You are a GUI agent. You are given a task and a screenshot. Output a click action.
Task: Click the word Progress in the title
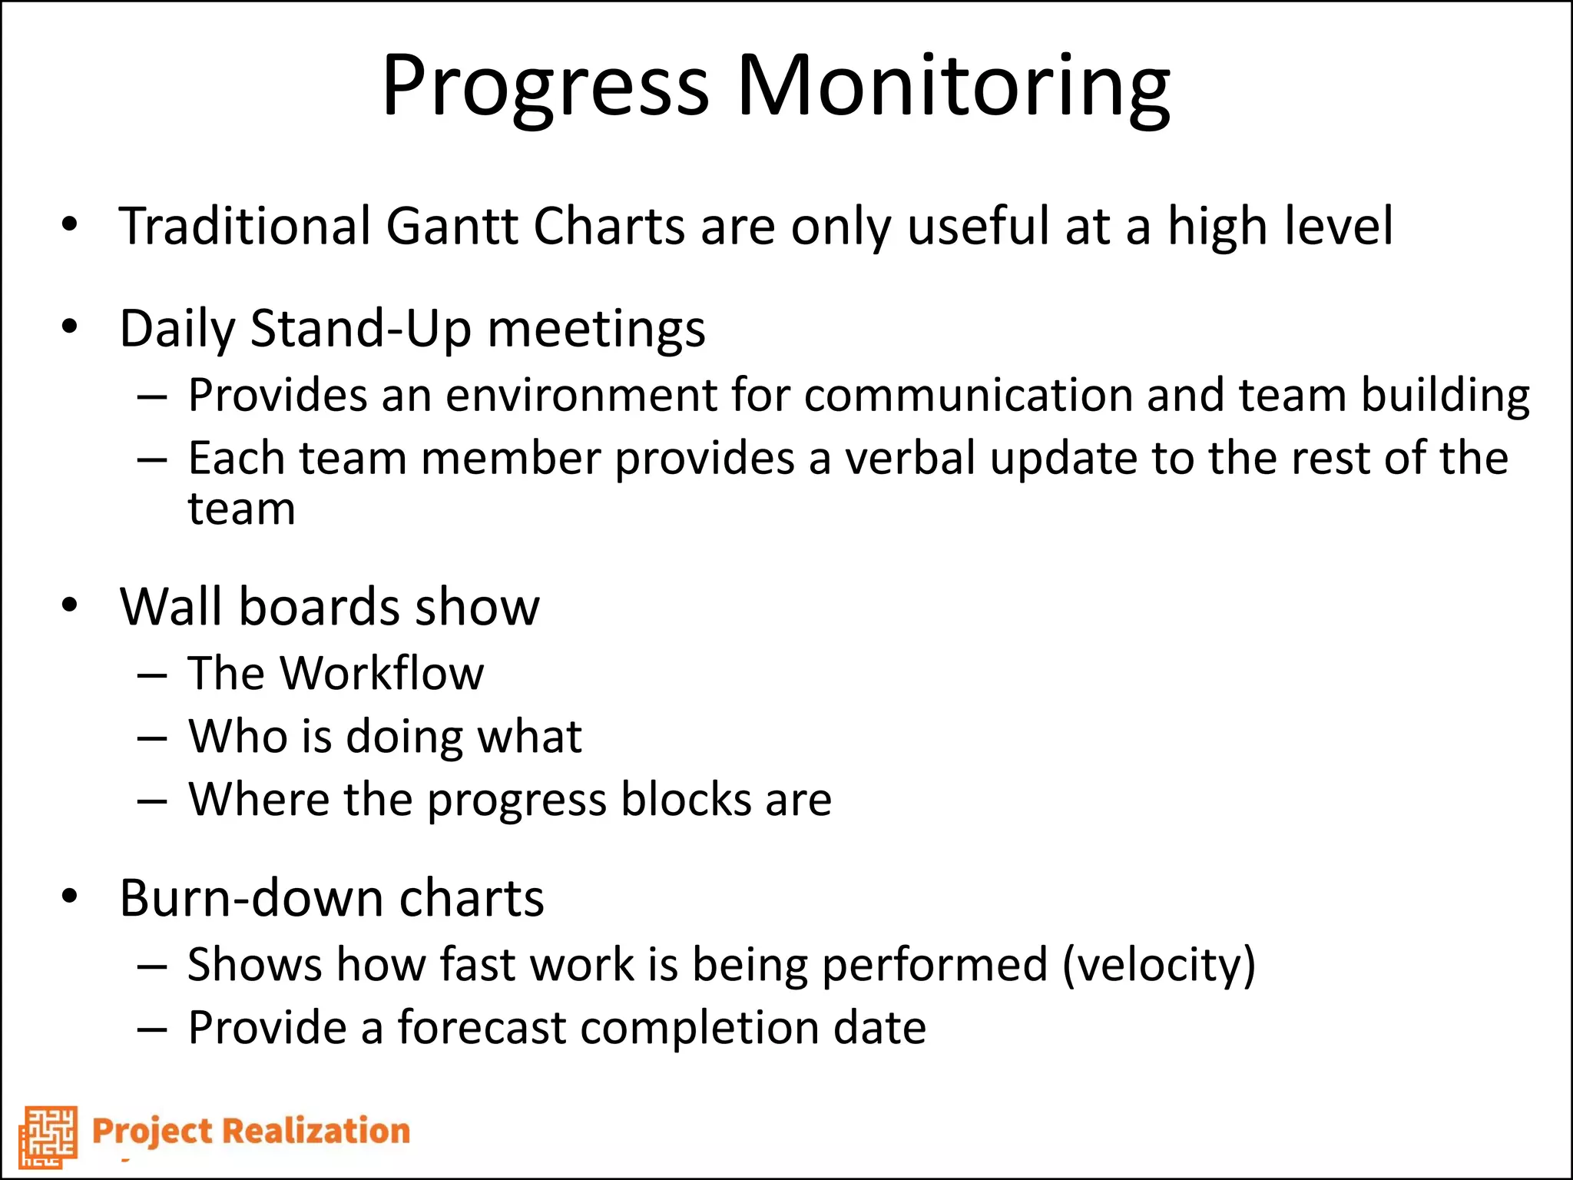[545, 86]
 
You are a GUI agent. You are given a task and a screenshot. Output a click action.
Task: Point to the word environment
[581, 396]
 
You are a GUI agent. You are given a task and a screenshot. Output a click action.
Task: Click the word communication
[968, 396]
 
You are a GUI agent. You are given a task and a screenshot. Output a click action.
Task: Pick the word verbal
[910, 459]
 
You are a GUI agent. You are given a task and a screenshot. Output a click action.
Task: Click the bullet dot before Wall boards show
[70, 605]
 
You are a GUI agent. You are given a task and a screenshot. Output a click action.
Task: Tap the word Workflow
[382, 674]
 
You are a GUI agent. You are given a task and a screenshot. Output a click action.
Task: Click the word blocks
[686, 800]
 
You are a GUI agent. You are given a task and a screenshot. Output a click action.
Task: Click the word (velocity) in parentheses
[1159, 965]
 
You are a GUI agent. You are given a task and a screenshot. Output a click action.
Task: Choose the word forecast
[482, 1028]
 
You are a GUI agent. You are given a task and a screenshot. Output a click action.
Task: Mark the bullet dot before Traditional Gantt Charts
[70, 225]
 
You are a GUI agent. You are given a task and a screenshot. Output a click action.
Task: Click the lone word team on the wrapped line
[241, 509]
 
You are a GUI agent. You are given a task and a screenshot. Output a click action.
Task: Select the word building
[1446, 396]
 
